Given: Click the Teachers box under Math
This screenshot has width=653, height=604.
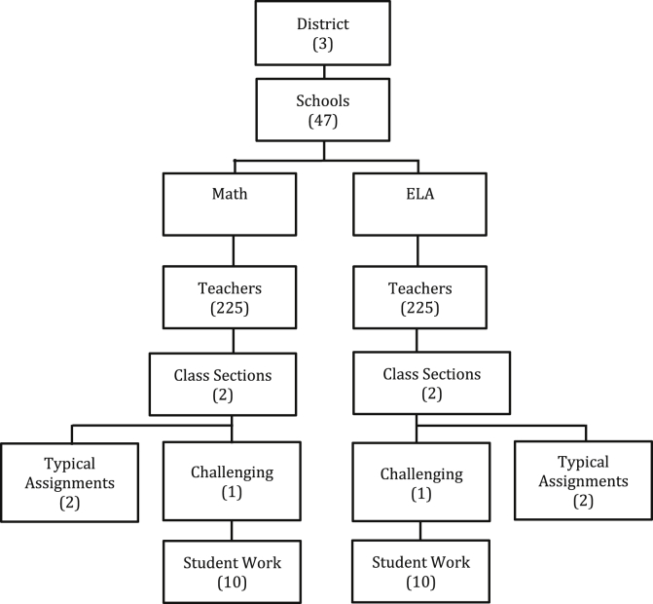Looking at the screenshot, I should coord(229,298).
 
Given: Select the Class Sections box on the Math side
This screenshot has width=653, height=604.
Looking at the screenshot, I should coord(229,384).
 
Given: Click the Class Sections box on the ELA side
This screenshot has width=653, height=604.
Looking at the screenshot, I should coord(417,384).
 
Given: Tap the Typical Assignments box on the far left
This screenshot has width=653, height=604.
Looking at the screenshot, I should coord(68,481).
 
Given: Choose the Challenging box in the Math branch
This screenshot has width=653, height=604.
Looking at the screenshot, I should coord(229,481).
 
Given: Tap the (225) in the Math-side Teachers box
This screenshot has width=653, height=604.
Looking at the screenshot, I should coord(229,308).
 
